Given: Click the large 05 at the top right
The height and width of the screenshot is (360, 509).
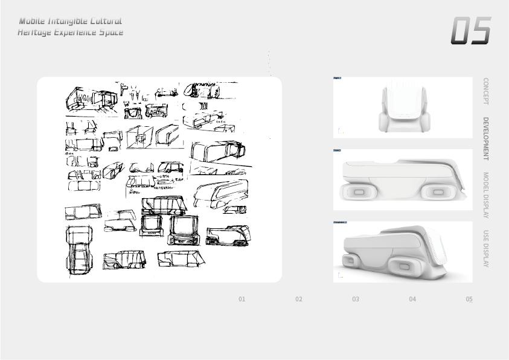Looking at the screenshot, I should point(470,31).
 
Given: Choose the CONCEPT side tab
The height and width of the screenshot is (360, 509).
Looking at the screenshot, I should point(485,91).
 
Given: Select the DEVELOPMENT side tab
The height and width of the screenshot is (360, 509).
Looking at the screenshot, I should point(485,138).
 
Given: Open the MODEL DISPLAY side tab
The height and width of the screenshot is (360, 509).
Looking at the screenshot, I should point(485,194).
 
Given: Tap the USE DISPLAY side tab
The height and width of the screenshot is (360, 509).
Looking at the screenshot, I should point(485,248).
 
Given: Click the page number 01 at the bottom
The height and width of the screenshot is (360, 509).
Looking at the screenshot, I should point(242,299).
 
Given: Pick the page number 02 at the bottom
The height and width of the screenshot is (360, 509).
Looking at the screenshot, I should point(299,299).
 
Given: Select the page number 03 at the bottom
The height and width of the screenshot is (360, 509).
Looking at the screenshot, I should point(356,299).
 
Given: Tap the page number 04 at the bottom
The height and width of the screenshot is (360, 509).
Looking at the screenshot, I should point(412,299).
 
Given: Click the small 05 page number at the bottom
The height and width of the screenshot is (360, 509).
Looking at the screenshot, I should point(469,299).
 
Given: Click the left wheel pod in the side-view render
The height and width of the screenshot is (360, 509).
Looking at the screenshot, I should point(358,192).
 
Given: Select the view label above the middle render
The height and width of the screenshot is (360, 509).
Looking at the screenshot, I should point(337,150).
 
